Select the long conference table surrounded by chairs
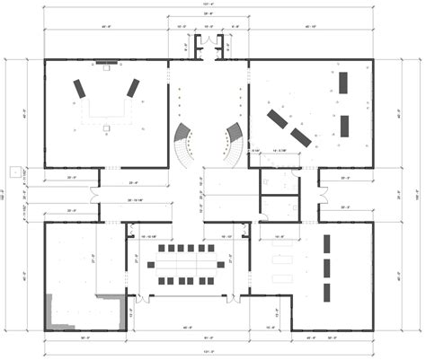click(x=190, y=265)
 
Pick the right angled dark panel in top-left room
click(x=134, y=87)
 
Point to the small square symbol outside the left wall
click(x=13, y=170)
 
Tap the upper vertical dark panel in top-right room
click(x=344, y=83)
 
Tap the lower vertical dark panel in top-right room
click(x=344, y=125)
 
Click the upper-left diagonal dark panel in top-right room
click(x=278, y=118)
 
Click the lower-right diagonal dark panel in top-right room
click(x=301, y=136)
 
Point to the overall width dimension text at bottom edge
click(x=210, y=352)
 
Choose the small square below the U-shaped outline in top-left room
click(x=106, y=128)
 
